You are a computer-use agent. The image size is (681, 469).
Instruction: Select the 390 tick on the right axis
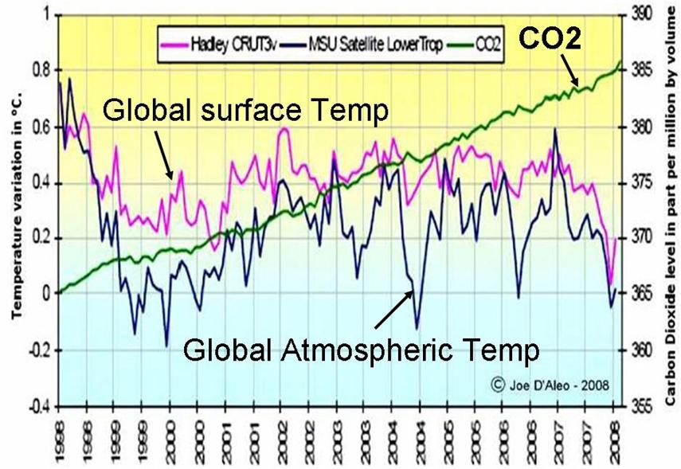pyautogui.click(x=640, y=15)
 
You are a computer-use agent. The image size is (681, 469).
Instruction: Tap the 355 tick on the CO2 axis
pyautogui.click(x=640, y=405)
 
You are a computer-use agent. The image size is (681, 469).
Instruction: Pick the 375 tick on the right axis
pyautogui.click(x=640, y=182)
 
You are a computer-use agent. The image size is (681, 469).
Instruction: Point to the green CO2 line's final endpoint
pyautogui.click(x=621, y=62)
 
